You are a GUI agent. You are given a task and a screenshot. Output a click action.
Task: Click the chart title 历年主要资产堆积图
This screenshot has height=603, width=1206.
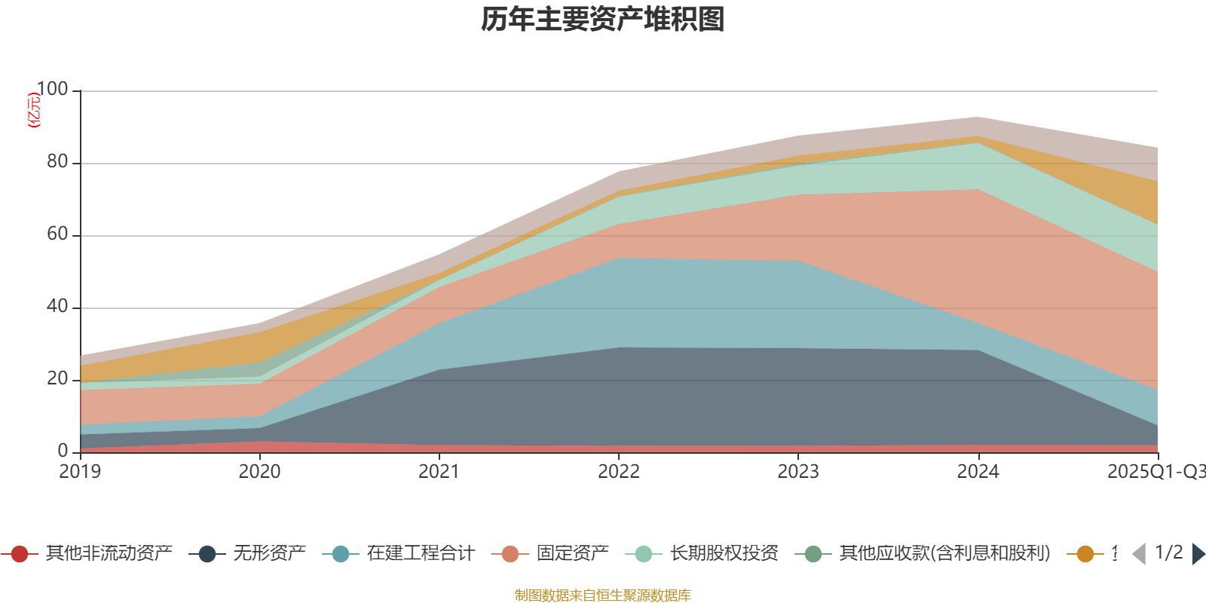[603, 20]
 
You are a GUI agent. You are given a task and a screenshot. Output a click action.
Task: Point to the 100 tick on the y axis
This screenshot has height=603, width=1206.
[52, 90]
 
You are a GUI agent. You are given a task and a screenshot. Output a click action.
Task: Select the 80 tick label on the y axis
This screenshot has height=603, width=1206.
[57, 162]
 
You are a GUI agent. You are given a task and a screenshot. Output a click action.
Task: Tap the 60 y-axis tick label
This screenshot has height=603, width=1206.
[57, 234]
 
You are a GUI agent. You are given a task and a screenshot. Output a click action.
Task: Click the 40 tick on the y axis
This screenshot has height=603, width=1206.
[57, 307]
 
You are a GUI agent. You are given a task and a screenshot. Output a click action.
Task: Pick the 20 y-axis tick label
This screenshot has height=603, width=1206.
[57, 379]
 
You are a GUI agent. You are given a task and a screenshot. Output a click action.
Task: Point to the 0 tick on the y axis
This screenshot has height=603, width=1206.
[63, 451]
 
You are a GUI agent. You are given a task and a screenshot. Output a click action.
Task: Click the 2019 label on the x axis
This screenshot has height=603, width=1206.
[80, 472]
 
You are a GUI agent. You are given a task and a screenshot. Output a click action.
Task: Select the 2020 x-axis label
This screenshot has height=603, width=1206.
[259, 472]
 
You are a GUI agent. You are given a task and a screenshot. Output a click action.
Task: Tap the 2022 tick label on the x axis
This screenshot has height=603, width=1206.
[618, 472]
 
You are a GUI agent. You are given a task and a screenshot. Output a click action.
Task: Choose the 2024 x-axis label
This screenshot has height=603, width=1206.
[978, 472]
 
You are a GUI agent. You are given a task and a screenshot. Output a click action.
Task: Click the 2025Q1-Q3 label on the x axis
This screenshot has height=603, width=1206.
[1155, 472]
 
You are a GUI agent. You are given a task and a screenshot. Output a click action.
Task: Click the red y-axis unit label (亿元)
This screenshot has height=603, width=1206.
[33, 110]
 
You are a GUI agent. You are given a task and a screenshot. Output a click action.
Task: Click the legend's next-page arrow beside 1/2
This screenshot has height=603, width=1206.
[1198, 554]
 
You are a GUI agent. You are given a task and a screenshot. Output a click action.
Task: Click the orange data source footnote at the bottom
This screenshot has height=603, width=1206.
[603, 595]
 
